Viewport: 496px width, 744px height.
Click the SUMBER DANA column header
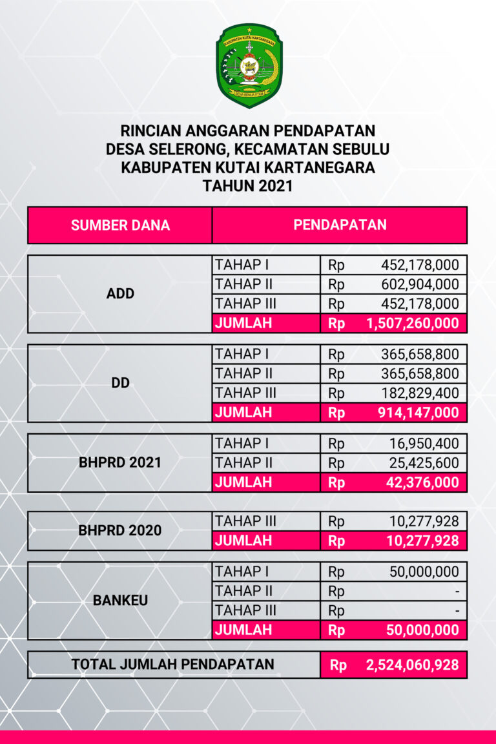[120, 225]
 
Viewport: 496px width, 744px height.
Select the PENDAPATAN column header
[340, 225]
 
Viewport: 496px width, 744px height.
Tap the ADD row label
[120, 294]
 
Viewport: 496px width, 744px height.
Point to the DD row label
[120, 383]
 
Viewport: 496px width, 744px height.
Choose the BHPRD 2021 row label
[120, 463]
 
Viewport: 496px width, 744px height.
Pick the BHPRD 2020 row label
[120, 531]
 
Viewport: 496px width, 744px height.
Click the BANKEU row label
[120, 600]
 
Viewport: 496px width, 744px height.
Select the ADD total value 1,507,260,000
[412, 324]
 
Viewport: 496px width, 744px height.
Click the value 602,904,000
[420, 284]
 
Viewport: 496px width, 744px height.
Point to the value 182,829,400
[420, 393]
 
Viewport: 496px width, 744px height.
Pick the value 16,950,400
[424, 444]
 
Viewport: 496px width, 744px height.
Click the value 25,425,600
[424, 463]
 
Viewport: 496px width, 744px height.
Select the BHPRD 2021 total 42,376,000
[423, 482]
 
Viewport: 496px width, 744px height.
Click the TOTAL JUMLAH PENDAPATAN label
[172, 664]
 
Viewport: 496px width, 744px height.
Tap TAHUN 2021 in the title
[248, 187]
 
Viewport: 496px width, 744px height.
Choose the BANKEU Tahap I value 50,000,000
[424, 572]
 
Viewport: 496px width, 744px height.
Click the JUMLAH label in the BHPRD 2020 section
[243, 541]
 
